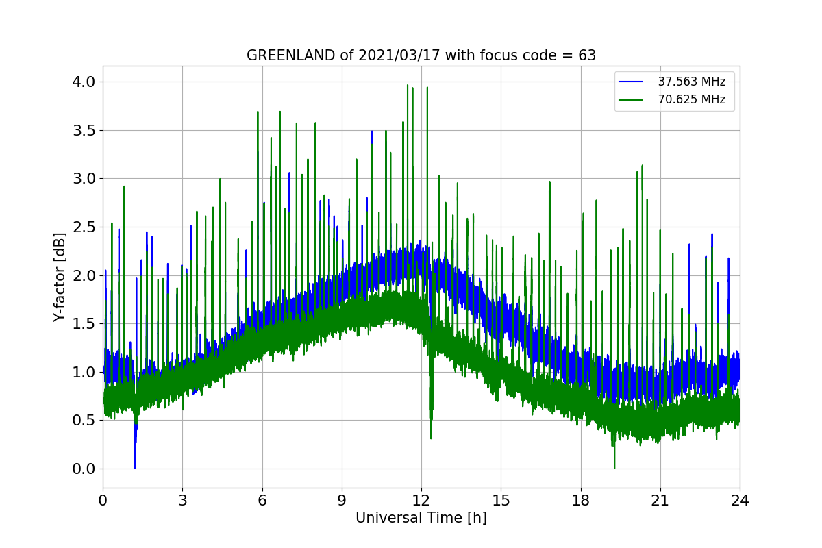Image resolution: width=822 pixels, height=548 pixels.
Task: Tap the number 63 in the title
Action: coord(587,55)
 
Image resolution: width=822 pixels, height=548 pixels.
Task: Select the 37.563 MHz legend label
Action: coord(691,82)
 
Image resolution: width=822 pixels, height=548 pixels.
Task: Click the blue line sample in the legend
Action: coord(631,82)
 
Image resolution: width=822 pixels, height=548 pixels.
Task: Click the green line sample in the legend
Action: coord(631,100)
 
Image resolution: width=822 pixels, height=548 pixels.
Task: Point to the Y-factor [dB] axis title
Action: coord(60,277)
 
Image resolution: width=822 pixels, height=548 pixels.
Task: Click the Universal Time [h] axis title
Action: coord(421,519)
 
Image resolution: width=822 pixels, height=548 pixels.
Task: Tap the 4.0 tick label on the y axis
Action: coord(84,82)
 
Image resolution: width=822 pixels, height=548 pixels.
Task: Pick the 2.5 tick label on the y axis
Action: coord(84,227)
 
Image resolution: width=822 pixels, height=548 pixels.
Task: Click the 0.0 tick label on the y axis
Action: coord(84,469)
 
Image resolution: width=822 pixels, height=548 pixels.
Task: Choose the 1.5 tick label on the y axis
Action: coord(84,323)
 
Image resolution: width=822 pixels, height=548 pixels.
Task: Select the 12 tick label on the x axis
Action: coord(421,500)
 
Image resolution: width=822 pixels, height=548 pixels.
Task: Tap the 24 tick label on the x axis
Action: coord(740,500)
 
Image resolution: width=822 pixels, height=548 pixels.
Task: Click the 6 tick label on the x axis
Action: coord(262,500)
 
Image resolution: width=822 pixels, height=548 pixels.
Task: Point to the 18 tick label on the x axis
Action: coord(580,500)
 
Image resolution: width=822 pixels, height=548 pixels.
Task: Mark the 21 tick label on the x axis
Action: coord(660,500)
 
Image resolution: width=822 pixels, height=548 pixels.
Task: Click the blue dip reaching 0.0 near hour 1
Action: coord(135,466)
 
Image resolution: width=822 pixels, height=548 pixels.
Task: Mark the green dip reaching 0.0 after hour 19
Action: coord(614,466)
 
